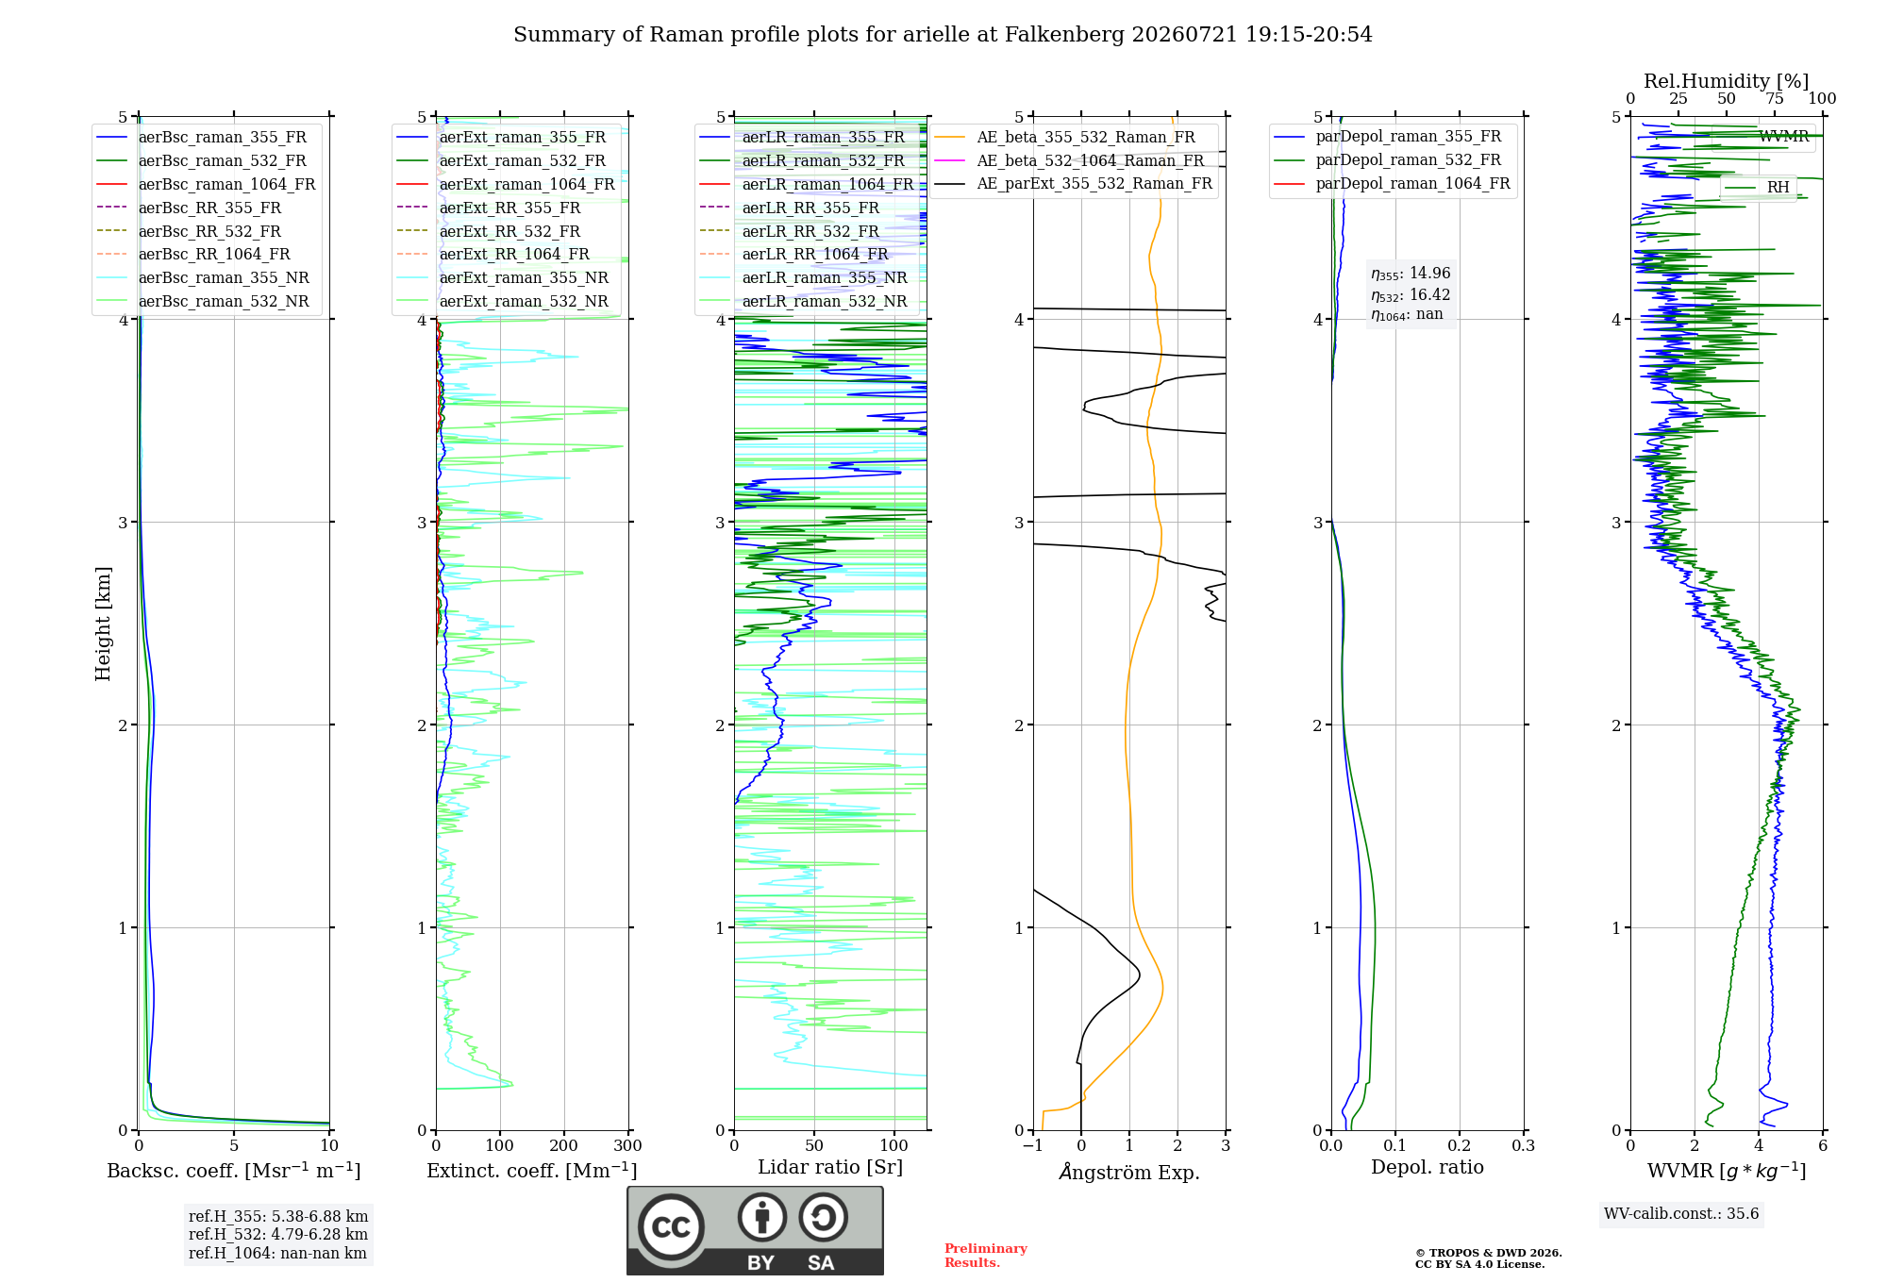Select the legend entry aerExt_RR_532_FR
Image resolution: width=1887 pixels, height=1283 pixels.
[489, 231]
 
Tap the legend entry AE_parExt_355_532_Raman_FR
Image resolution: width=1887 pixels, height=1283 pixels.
[1074, 183]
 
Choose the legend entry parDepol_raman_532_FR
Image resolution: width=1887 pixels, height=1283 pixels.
[1388, 160]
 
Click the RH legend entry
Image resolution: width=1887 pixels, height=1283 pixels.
[1758, 188]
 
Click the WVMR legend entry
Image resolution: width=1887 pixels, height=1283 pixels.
[1764, 137]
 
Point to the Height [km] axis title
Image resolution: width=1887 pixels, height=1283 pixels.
[103, 624]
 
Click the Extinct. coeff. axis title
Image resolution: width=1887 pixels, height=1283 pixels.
[532, 1171]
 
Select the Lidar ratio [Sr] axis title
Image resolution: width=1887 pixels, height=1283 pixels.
[830, 1167]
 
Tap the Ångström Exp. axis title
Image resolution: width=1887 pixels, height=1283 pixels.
[1129, 1172]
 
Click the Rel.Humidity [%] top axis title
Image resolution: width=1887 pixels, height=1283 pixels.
[1727, 81]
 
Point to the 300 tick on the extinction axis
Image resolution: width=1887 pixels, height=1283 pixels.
[628, 1145]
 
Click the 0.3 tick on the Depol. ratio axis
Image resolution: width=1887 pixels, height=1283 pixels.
[1524, 1145]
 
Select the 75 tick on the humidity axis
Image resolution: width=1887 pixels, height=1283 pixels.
[1775, 98]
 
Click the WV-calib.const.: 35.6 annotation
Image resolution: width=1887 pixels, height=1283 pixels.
[1681, 1213]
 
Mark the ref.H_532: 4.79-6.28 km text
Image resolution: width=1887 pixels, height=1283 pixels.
[278, 1234]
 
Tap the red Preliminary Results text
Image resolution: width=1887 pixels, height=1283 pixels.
[986, 1256]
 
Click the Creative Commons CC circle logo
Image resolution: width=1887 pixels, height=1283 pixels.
[671, 1227]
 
